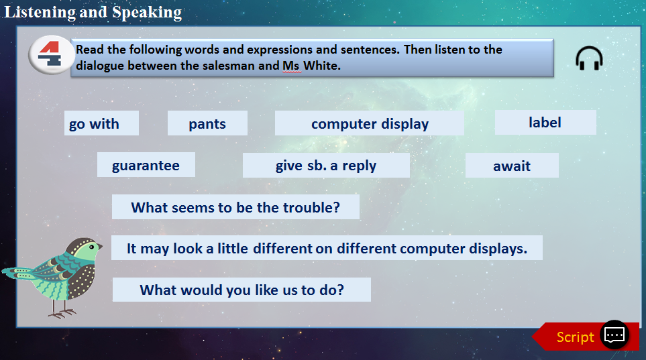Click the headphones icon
(589, 58)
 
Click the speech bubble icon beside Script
(614, 335)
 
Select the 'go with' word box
(101, 123)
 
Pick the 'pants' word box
(207, 123)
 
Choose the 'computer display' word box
(369, 123)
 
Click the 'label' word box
(545, 122)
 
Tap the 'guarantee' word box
(146, 165)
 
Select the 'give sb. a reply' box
(326, 165)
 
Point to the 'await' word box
(512, 165)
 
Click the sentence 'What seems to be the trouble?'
(235, 206)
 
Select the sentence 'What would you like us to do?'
(241, 290)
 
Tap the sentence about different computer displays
(327, 248)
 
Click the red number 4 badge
(50, 55)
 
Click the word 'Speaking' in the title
(147, 12)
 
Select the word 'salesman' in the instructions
(235, 66)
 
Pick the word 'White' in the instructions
(322, 66)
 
